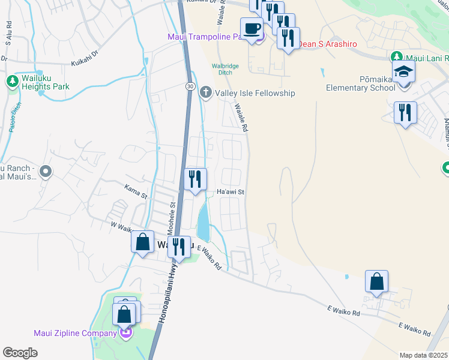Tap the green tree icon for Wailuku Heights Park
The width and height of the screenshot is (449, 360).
12,81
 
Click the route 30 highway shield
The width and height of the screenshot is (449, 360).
188,87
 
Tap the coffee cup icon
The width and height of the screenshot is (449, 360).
252,28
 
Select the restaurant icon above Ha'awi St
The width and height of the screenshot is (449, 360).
195,179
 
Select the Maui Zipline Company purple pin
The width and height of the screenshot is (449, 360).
125,333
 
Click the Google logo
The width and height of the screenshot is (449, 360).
20,353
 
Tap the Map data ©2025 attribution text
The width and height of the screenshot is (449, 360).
423,355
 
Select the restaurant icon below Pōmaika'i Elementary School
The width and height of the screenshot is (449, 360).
405,112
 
